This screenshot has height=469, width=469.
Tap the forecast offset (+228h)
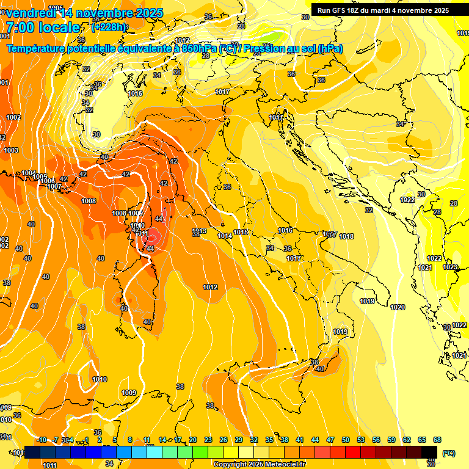[x=109, y=27]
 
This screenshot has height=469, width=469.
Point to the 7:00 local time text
[x=43, y=27]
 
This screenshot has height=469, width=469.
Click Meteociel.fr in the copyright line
[x=282, y=464]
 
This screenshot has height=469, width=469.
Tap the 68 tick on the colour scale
[x=437, y=440]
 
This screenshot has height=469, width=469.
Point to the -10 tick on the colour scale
[x=42, y=440]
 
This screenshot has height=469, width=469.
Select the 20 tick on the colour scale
[x=193, y=440]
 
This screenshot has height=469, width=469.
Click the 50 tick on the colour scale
[x=346, y=440]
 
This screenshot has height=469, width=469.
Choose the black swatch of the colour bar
[x=429, y=451]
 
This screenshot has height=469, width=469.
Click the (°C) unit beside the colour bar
[x=449, y=453]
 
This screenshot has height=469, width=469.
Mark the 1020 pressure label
[x=398, y=307]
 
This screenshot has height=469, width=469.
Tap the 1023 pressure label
[x=450, y=267]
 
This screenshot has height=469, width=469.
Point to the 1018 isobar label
[x=346, y=236]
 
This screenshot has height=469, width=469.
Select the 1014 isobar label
[x=225, y=235]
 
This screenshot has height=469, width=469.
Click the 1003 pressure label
[x=11, y=150]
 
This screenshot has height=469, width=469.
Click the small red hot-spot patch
[x=153, y=236]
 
